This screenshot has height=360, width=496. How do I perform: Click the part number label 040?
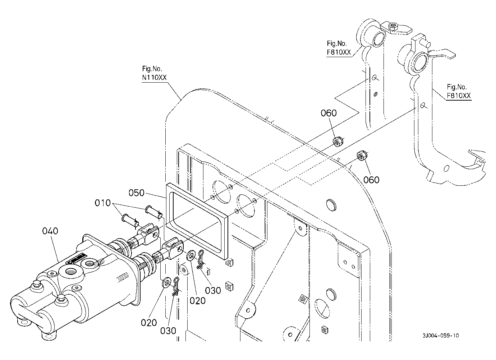coord(50,231)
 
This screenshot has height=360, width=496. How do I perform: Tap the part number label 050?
coord(137,193)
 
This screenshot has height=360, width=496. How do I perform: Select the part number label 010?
coord(102,203)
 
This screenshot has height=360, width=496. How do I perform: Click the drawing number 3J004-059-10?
coord(441,336)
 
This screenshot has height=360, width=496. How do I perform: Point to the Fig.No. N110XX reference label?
coord(154,73)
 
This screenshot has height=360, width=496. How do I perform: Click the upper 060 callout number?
coord(329,113)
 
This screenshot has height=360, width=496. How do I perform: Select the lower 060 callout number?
coord(371,180)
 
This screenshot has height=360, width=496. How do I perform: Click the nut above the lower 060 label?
coord(362,156)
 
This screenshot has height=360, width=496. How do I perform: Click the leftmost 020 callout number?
coord(149,323)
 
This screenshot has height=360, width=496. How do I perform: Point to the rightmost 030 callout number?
coord(213,291)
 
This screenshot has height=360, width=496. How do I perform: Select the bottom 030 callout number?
coord(168,331)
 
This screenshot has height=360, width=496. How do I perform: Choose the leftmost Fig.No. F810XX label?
coord(339,48)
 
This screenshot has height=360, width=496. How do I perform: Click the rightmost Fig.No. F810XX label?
coord(459,91)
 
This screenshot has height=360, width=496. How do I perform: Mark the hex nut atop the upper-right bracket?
coord(393,27)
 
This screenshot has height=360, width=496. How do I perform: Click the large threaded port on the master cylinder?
coord(72,272)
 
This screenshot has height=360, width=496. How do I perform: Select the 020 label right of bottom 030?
coord(198,301)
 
